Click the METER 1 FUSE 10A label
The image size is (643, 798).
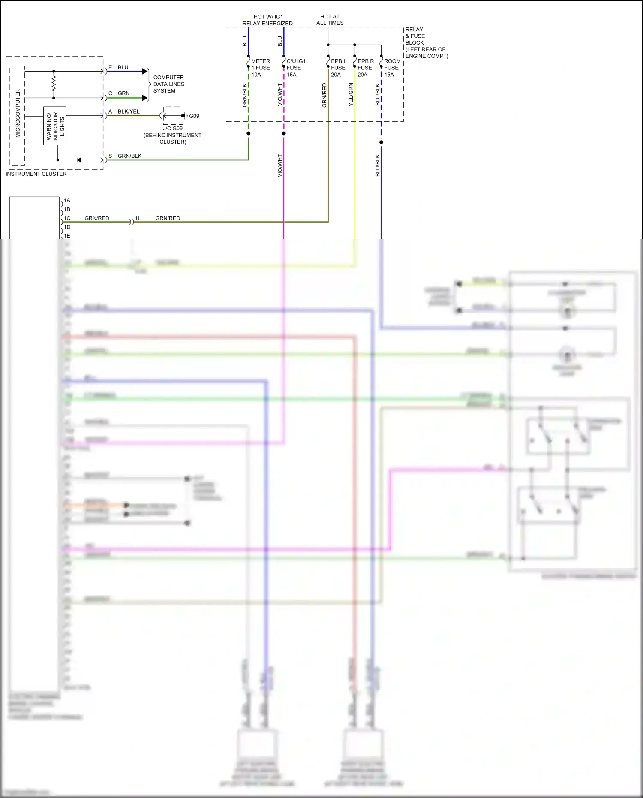pyautogui.click(x=260, y=68)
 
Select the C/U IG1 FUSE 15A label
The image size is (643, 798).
pyautogui.click(x=295, y=68)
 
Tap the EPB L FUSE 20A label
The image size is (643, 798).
pyautogui.click(x=338, y=68)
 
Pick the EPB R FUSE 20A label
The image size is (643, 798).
pyautogui.click(x=365, y=68)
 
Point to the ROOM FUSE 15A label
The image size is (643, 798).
pyautogui.click(x=391, y=68)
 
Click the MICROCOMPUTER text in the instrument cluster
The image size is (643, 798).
pyautogui.click(x=18, y=113)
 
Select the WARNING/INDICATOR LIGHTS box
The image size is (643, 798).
pyautogui.click(x=55, y=126)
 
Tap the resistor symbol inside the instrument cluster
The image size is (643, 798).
pyautogui.click(x=54, y=84)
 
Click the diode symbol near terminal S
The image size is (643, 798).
pyautogui.click(x=78, y=160)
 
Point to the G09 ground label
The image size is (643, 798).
pyautogui.click(x=194, y=116)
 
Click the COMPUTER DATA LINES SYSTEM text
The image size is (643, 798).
pyautogui.click(x=169, y=84)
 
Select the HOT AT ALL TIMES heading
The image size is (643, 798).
pyautogui.click(x=330, y=20)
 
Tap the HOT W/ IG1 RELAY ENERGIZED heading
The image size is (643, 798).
pyautogui.click(x=267, y=20)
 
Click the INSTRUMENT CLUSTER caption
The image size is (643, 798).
pyautogui.click(x=36, y=174)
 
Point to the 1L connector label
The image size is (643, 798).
pyautogui.click(x=138, y=218)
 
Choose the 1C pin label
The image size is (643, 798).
pyautogui.click(x=67, y=218)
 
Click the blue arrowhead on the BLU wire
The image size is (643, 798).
pyautogui.click(x=145, y=72)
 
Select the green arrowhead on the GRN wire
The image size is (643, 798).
pyautogui.click(x=145, y=98)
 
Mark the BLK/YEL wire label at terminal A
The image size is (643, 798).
pyautogui.click(x=129, y=111)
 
